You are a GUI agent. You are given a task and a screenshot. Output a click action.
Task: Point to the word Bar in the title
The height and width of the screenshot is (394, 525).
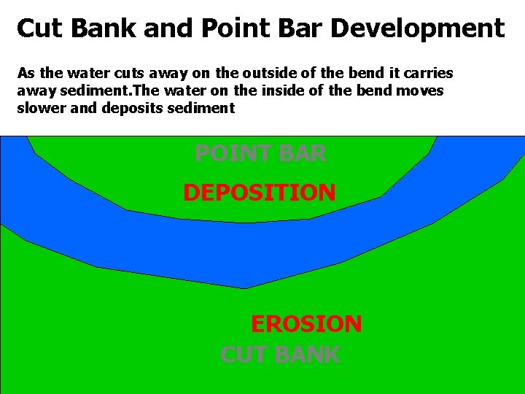299,28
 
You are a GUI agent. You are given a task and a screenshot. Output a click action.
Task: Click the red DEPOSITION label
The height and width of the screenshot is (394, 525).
259,193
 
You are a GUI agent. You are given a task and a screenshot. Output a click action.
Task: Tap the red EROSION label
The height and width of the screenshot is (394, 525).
306,323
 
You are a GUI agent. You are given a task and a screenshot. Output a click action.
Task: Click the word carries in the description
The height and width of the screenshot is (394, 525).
429,73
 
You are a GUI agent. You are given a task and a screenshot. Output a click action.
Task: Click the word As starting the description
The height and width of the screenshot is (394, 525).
26,73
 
